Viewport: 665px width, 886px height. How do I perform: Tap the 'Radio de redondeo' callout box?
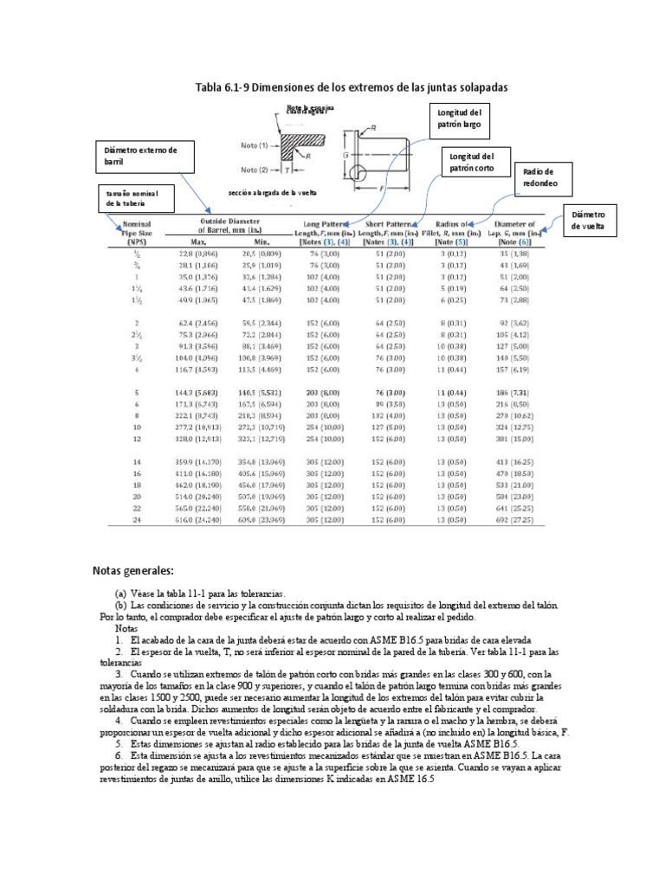tap(542, 178)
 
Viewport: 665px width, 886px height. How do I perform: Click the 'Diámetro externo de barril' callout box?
tap(138, 156)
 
